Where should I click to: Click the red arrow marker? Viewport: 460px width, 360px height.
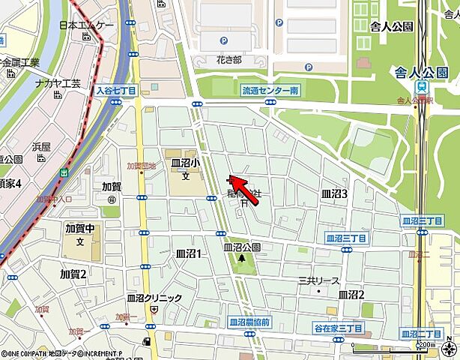coord(237,182)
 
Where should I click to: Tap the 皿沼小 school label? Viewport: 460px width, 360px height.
coord(184,163)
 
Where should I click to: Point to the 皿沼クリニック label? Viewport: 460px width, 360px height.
coord(154,298)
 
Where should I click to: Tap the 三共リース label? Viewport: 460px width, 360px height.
coord(318,280)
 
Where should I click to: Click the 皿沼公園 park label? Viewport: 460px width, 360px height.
coord(241,247)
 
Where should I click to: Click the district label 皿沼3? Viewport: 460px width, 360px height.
coord(334,193)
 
